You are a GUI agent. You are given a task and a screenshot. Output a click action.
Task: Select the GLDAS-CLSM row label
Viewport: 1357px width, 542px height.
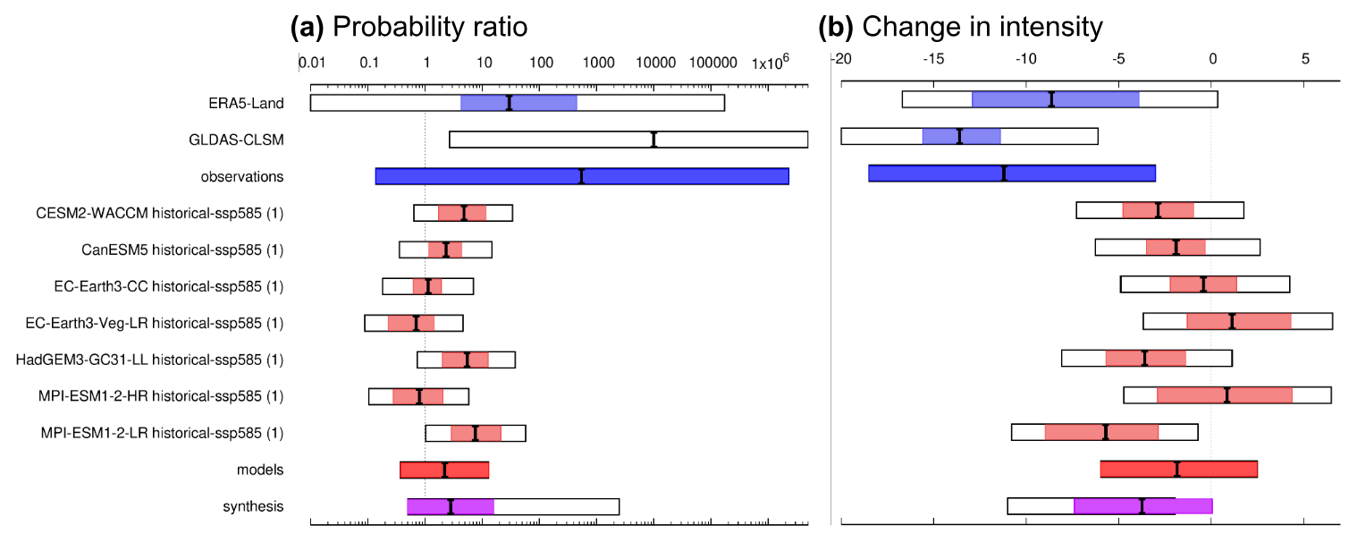pyautogui.click(x=236, y=140)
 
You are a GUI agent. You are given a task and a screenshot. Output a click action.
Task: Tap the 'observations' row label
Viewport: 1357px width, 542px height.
pyautogui.click(x=241, y=176)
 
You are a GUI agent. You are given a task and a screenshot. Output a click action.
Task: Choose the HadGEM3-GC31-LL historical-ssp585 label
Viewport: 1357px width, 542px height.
pyautogui.click(x=149, y=360)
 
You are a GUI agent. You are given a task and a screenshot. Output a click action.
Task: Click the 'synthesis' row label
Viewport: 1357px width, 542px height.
pyautogui.click(x=253, y=506)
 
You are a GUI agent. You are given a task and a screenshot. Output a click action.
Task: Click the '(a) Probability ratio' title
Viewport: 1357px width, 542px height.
pyautogui.click(x=409, y=27)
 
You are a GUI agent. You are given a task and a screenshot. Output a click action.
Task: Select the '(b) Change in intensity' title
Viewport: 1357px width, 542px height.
pyautogui.click(x=961, y=27)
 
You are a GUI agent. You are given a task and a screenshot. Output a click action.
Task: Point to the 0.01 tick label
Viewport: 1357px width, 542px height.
pyautogui.click(x=311, y=64)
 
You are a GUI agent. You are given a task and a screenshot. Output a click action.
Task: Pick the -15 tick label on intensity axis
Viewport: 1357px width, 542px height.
pyautogui.click(x=932, y=59)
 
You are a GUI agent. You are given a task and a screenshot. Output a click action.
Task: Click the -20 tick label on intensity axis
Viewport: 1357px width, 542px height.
pyautogui.click(x=840, y=59)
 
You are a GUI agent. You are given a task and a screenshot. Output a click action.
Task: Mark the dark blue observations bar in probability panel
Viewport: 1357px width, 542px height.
pyautogui.click(x=582, y=176)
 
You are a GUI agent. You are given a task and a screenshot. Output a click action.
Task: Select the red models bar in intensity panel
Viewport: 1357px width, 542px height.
pyautogui.click(x=1178, y=470)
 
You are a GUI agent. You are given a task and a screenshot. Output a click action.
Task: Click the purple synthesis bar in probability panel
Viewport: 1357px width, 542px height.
pyautogui.click(x=451, y=506)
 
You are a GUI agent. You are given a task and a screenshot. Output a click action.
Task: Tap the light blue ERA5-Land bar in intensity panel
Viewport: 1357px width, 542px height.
pyautogui.click(x=1055, y=99)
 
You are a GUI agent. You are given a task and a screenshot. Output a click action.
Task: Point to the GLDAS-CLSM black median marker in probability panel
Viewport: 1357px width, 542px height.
pyautogui.click(x=653, y=140)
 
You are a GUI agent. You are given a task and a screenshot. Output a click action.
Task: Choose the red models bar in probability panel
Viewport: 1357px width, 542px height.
pyautogui.click(x=444, y=470)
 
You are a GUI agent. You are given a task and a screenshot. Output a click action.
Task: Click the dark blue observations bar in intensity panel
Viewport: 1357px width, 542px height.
pyautogui.click(x=1012, y=173)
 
